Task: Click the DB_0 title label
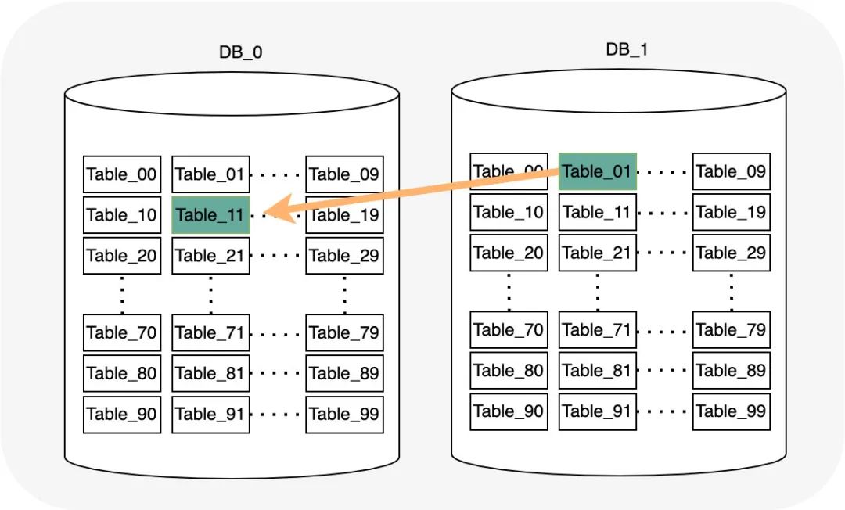click(240, 52)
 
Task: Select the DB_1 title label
click(627, 49)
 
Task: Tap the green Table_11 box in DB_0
click(210, 215)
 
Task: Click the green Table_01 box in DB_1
click(598, 171)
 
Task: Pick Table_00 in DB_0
click(122, 174)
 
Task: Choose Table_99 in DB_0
click(344, 415)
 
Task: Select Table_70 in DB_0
click(122, 332)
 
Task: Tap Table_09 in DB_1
click(732, 171)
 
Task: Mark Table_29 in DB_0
click(344, 256)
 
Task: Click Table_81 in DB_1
click(598, 371)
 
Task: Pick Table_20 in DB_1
click(509, 253)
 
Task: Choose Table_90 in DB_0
click(122, 415)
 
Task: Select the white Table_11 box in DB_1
click(598, 212)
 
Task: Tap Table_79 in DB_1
click(732, 329)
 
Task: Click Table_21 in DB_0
click(210, 256)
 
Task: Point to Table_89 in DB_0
click(344, 373)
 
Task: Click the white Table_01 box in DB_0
click(210, 174)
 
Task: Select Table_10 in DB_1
click(509, 212)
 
